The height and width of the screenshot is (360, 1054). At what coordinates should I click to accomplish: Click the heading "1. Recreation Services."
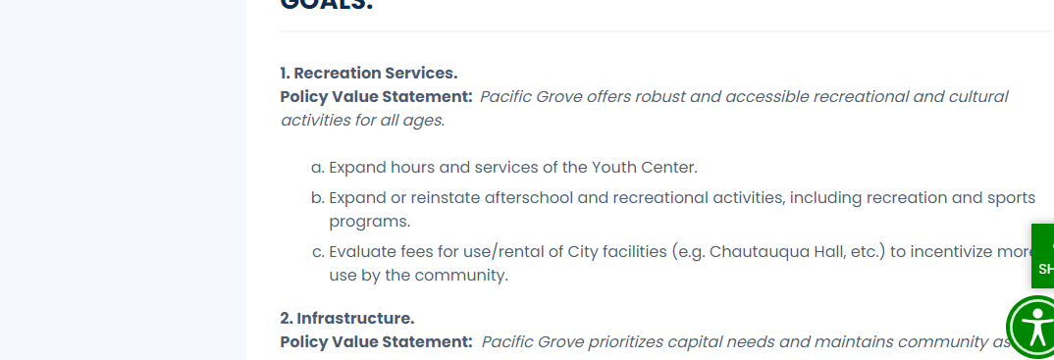tap(369, 74)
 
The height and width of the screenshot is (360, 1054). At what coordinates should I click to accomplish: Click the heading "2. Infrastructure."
tap(347, 318)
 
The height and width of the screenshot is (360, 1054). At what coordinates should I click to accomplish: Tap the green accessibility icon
tap(1033, 328)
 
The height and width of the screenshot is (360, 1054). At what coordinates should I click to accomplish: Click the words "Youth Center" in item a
tap(646, 168)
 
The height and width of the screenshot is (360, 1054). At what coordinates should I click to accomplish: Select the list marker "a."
tap(317, 168)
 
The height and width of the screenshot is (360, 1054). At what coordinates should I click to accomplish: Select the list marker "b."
tap(317, 197)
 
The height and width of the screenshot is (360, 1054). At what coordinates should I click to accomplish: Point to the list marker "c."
tap(317, 251)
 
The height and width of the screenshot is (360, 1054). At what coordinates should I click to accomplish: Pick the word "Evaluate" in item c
tap(362, 251)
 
